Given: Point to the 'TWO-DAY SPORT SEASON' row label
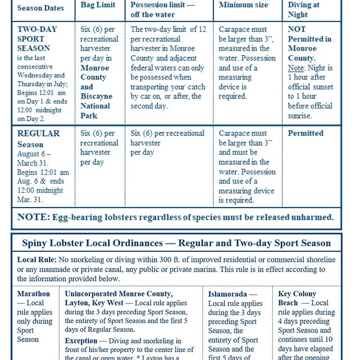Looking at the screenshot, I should [37, 38].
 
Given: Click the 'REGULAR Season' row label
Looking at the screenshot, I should [39, 139].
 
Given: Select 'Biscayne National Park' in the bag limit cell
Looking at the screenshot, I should [96, 105].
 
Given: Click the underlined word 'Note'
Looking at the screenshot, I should [296, 67].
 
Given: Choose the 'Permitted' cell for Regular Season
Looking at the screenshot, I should [305, 133].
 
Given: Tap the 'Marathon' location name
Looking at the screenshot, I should [34, 294].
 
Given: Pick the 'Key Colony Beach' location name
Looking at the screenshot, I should [297, 298].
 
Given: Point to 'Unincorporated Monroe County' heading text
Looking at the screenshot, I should [118, 294].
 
